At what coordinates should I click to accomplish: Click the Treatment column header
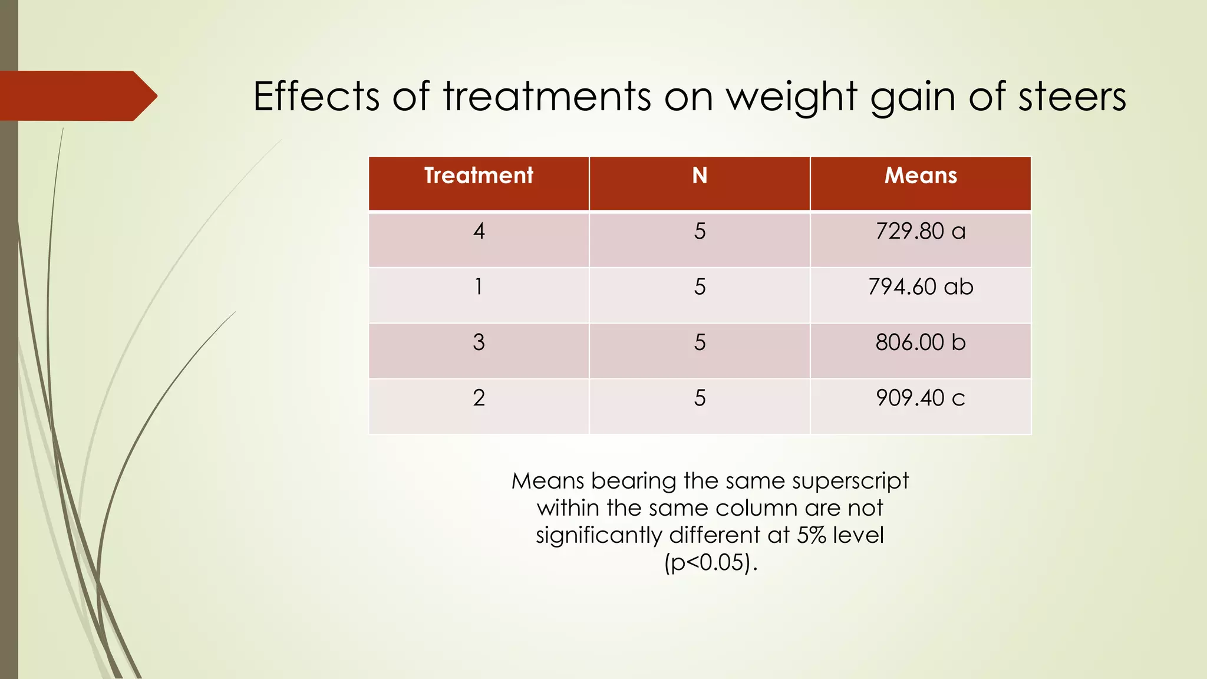coord(479,176)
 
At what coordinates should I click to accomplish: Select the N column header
coord(700,176)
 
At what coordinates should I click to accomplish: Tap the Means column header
coord(921,176)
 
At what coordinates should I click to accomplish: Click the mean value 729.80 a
coord(921,231)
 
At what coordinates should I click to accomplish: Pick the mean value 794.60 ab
coord(921,287)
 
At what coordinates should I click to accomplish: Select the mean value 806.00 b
coord(921,342)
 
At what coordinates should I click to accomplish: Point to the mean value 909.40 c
coord(921,398)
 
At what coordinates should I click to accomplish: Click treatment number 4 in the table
coord(479,231)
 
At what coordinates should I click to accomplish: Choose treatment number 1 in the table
coord(479,287)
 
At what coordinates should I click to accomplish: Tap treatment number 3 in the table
coord(479,342)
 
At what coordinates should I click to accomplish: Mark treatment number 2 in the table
coord(479,398)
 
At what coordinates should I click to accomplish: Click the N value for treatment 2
coord(700,398)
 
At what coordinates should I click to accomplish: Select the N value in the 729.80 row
coord(700,231)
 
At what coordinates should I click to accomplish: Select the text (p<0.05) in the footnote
coord(710,562)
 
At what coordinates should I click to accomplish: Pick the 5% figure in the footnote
coord(812,535)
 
